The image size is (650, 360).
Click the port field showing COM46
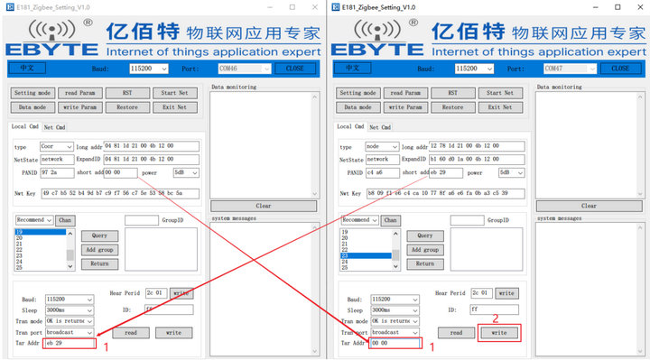tap(238, 69)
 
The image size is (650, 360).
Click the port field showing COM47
tap(563, 69)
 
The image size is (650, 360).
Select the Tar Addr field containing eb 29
tap(68, 343)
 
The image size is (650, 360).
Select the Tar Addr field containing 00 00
tap(394, 343)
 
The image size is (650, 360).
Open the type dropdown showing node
tap(381, 146)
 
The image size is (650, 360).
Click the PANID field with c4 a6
tap(381, 171)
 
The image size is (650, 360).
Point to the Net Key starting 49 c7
tap(118, 193)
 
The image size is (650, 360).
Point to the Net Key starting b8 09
tap(443, 193)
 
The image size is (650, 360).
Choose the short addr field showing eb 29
tap(444, 171)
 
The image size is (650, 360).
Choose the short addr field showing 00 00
tap(119, 171)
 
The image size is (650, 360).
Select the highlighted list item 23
tap(365, 255)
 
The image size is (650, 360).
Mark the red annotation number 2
tap(495, 318)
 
